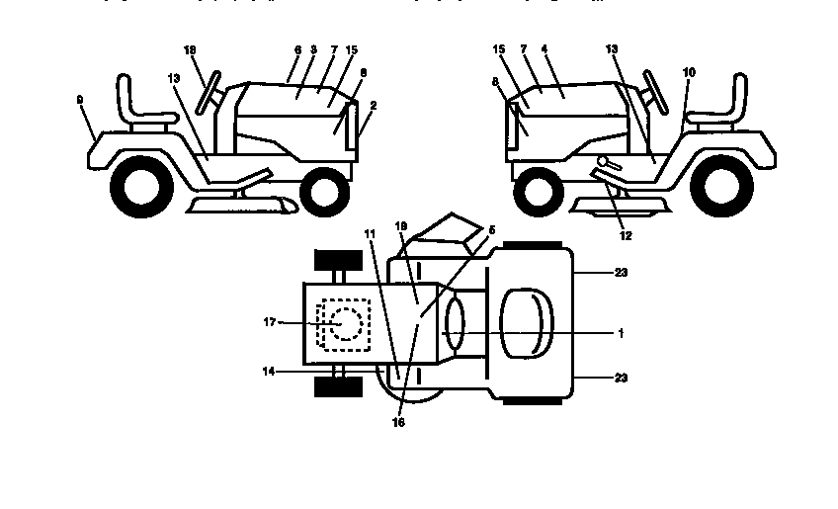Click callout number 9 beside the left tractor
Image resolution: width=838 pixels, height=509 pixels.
(78, 99)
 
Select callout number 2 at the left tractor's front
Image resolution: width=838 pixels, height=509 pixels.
(374, 106)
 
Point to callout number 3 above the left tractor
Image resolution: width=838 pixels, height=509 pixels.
(313, 48)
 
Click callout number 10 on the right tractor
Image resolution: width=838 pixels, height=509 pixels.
(688, 72)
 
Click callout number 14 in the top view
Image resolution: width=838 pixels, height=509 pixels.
(269, 372)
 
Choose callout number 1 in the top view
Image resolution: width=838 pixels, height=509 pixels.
(620, 334)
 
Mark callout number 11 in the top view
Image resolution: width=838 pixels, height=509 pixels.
(369, 233)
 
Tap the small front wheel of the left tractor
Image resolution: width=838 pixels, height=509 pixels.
(324, 191)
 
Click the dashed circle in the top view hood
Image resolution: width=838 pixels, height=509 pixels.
(345, 323)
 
